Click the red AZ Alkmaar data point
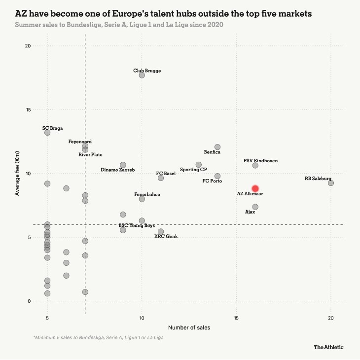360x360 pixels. [255, 188]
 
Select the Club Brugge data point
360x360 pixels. [142, 75]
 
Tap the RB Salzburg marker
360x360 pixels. [331, 183]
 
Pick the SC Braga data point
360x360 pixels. [47, 133]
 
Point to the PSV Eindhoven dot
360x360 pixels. [255, 165]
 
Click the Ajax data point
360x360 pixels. [255, 207]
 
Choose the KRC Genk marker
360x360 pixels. [161, 231]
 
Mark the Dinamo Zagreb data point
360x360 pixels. [123, 165]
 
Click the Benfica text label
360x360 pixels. [212, 152]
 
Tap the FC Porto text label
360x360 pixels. [212, 181]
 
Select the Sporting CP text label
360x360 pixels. [193, 170]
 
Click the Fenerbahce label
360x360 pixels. [147, 195]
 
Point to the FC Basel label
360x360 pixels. [166, 174]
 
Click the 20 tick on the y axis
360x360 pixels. [28, 46]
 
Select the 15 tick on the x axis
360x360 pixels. [237, 318]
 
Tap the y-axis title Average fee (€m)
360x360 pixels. [17, 173]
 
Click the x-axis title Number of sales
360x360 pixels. [189, 327]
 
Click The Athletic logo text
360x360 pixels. [329, 347]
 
